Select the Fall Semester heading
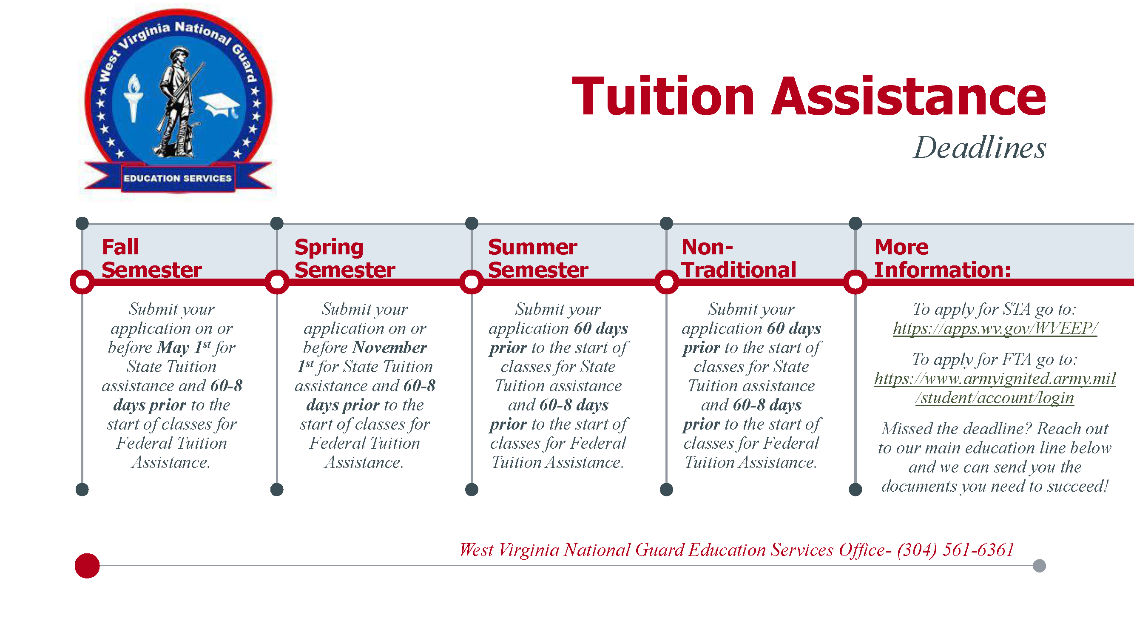[x=151, y=258]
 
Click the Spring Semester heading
[x=345, y=258]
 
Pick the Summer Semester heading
[x=538, y=258]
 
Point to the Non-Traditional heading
[x=739, y=258]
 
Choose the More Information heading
[x=943, y=258]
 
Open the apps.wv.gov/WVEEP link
[x=995, y=328]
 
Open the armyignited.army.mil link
[x=995, y=388]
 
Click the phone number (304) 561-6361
[x=955, y=550]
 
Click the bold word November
[x=389, y=347]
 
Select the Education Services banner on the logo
[x=177, y=178]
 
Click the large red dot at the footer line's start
[x=87, y=566]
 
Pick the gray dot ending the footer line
[x=1039, y=566]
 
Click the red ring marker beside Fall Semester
[x=82, y=282]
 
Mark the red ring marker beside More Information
[x=855, y=282]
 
